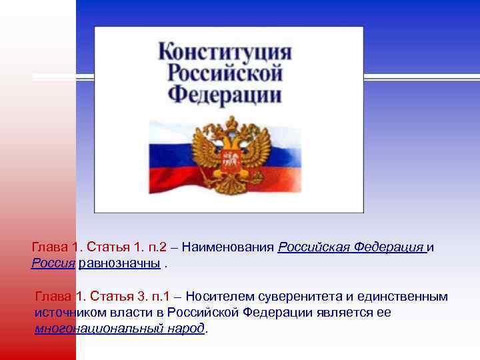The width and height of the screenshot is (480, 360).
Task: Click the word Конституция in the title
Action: [x=225, y=51]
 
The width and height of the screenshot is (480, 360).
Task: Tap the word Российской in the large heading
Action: [x=225, y=72]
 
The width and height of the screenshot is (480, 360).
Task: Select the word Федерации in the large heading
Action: [x=225, y=93]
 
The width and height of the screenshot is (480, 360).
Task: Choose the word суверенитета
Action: [x=296, y=297]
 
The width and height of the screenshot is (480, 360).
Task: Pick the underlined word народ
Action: [x=185, y=328]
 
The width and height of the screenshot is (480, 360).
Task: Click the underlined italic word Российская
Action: [x=311, y=248]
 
